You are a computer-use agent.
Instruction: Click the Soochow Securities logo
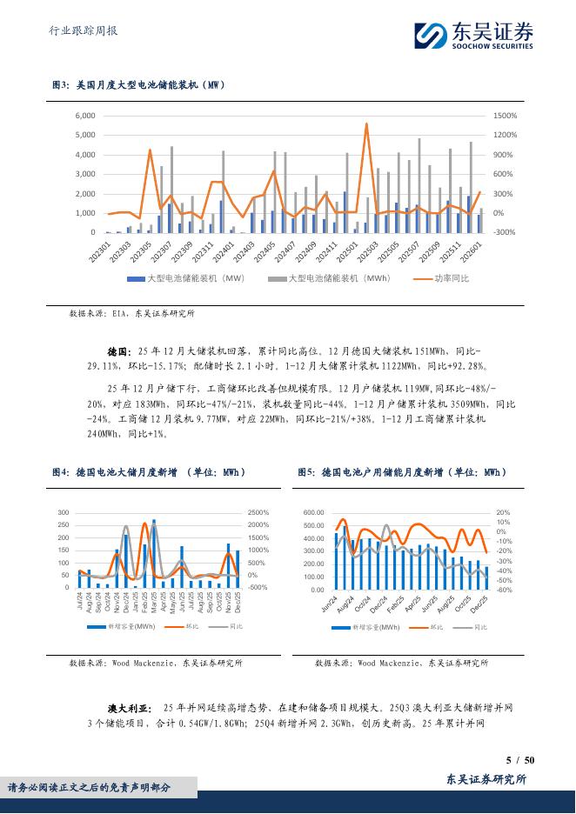pos(473,34)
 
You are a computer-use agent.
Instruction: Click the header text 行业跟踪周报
pos(80,31)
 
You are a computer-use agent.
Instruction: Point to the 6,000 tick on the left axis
pos(84,116)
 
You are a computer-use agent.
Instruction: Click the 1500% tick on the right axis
pos(506,116)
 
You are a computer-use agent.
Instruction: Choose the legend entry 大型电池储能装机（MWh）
pos(329,278)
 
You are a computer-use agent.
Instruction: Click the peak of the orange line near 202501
pos(366,123)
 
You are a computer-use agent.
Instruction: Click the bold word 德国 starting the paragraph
pos(117,352)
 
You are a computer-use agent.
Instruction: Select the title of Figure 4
pos(149,472)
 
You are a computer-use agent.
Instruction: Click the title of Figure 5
pos(401,472)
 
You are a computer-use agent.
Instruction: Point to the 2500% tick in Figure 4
pos(260,513)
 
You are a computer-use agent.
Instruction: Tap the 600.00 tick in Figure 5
pos(313,513)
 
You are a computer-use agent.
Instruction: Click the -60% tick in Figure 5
pos(504,590)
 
